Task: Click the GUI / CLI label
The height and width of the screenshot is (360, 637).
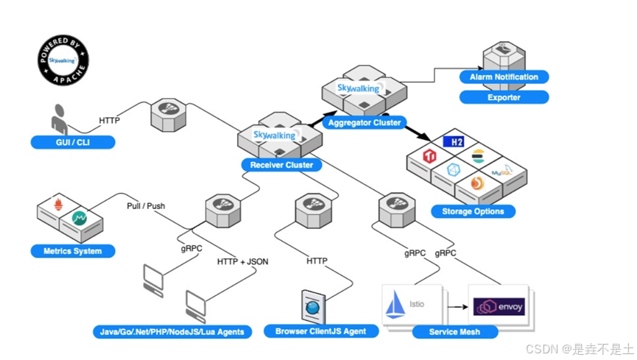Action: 73,142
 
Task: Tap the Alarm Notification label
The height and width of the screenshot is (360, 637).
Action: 504,77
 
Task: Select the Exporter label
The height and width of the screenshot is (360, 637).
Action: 504,97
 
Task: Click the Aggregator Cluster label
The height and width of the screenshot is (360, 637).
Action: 365,122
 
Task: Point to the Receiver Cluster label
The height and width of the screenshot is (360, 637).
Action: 281,165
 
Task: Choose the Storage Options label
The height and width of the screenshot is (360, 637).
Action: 473,211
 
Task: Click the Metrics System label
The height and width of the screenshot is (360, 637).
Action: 73,251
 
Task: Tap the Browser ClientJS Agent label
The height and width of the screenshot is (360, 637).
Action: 321,331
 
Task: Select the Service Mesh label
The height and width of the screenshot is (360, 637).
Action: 454,332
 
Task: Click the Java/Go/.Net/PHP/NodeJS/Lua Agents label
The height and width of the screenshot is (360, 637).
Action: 172,332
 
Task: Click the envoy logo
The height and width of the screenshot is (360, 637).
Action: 499,307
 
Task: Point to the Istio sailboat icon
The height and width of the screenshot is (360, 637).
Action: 395,304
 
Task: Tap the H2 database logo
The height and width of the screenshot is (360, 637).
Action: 454,142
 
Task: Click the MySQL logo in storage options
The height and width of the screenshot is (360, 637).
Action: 502,171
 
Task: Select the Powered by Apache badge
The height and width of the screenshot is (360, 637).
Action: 63,60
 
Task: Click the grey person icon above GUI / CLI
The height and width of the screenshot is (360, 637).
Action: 60,119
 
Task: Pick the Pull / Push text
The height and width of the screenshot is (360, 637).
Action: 146,206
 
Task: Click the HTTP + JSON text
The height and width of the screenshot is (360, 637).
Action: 242,261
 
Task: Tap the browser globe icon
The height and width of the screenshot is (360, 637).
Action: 313,307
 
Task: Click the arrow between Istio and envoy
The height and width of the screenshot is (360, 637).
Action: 458,307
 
